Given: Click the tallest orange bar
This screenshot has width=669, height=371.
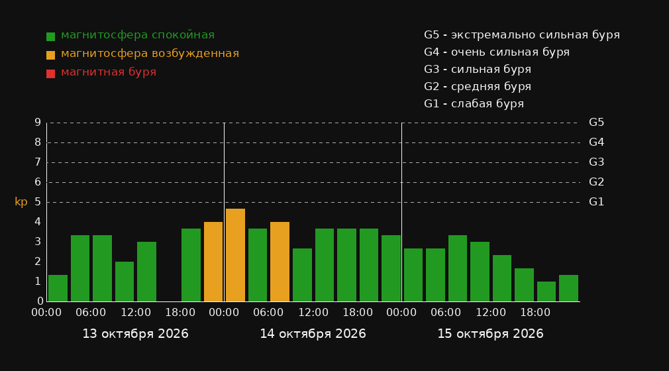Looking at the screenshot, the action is point(235,255).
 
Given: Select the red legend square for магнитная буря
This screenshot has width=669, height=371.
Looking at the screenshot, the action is point(50,74).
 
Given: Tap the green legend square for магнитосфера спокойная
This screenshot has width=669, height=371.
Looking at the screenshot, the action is point(50,36).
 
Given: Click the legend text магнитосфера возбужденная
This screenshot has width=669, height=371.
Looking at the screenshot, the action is point(150,54).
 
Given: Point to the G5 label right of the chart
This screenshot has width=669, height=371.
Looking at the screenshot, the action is point(596,123).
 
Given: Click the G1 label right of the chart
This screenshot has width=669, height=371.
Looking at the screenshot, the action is point(596,202).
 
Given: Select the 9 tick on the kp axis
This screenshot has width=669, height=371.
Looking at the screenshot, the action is point(38,123).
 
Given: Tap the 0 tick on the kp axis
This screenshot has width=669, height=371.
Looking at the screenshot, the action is point(40,301).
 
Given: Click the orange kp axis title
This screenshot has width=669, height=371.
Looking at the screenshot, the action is point(21,202).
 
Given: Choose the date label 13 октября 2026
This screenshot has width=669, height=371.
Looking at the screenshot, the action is point(135,334).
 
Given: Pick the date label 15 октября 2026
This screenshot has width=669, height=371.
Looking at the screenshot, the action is point(490,334).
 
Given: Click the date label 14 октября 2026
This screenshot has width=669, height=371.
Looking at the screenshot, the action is point(313,334).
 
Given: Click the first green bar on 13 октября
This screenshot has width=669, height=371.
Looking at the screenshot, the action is point(58,288).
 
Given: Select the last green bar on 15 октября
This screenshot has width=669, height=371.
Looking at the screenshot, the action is point(568,288).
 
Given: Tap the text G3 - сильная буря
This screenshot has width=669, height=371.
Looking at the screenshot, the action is point(478,70).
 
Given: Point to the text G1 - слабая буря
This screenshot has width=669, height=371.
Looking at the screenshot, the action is point(474,104).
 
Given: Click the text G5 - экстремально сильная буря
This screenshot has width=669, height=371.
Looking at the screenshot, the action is point(522,35).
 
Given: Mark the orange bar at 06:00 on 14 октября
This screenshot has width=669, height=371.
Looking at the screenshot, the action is point(280,262).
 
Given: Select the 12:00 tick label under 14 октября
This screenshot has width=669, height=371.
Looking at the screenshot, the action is point(313,313).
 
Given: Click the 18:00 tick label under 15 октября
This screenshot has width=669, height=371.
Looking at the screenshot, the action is point(535,313).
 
